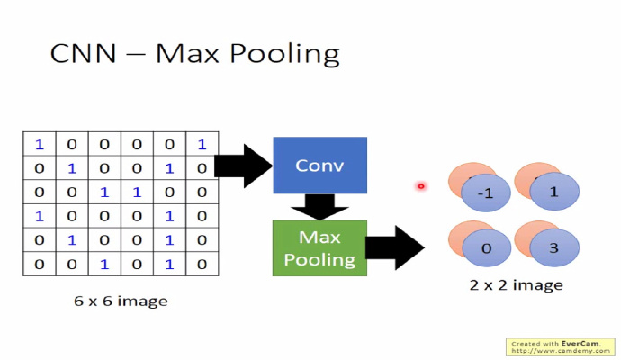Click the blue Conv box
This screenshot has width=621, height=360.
[x=319, y=166]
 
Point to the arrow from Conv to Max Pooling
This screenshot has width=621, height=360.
[x=319, y=207]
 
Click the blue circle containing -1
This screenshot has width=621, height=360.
[x=484, y=192]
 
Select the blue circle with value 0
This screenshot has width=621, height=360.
[x=486, y=247]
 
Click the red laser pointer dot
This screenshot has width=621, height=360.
[x=420, y=186]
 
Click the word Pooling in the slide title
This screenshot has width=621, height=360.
[x=289, y=53]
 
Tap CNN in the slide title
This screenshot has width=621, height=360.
[x=84, y=53]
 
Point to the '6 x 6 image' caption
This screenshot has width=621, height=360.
[x=121, y=301]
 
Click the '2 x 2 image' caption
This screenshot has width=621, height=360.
[x=517, y=285]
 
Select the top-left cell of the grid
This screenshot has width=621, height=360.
[x=39, y=144]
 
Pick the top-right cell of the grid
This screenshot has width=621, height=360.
[x=202, y=144]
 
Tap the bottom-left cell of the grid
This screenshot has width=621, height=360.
[x=39, y=265]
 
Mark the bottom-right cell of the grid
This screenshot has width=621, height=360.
[x=202, y=265]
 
